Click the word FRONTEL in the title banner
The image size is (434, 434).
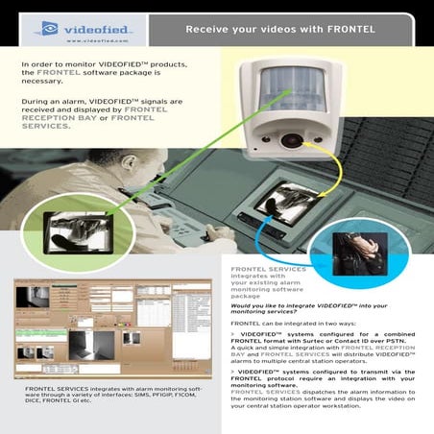pos(337,29)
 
